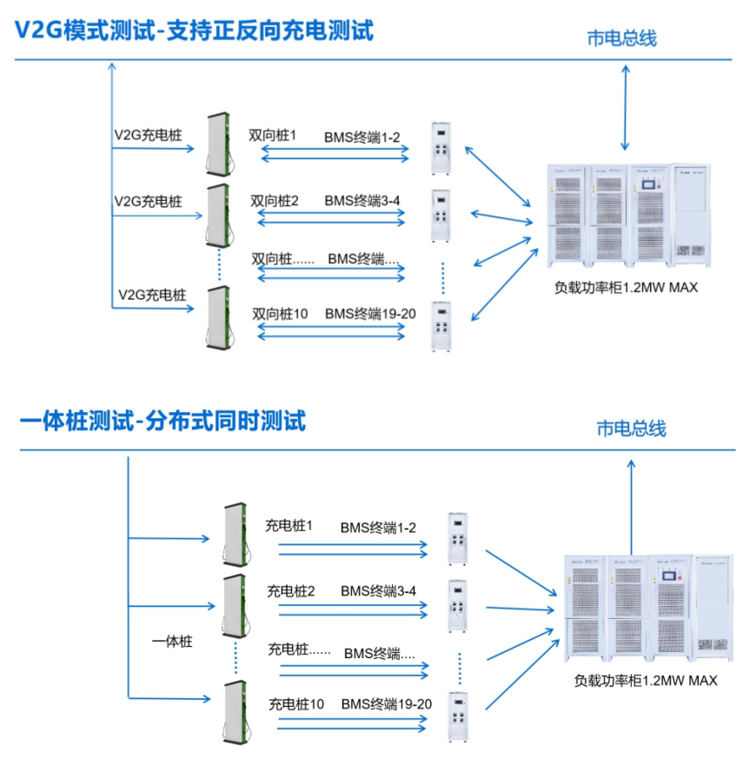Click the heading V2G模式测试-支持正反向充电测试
[194, 30]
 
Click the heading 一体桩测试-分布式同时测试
[162, 423]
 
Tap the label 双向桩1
[273, 136]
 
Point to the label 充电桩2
[291, 591]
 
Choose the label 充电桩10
[296, 703]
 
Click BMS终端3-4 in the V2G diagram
[362, 201]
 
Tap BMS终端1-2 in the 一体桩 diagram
[378, 528]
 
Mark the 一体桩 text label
[171, 643]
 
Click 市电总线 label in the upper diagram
[621, 38]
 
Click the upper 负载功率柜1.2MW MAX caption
[626, 288]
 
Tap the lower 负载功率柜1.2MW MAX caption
[645, 680]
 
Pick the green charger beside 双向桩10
[217, 318]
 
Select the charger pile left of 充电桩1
[234, 535]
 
